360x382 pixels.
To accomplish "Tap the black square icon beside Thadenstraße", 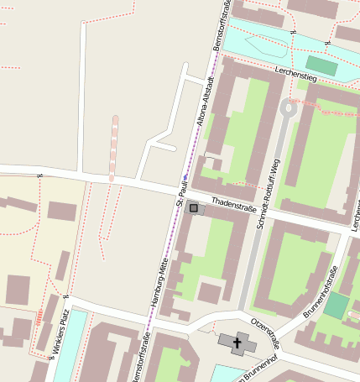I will pos(194,207).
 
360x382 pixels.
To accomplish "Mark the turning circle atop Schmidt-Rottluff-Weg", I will pos(289,107).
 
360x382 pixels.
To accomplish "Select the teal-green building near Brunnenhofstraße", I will pos(337,306).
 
